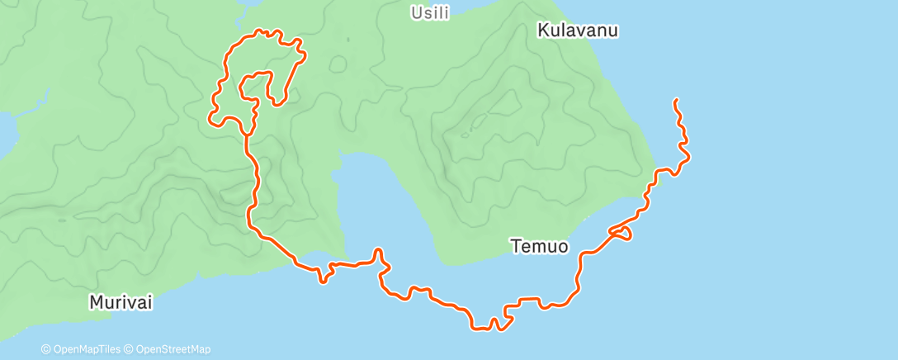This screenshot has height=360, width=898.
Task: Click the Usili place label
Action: tap(430, 13)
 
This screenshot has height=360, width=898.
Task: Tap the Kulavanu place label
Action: tap(578, 31)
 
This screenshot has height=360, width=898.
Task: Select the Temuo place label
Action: tap(539, 246)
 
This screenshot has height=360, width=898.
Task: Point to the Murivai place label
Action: tap(121, 303)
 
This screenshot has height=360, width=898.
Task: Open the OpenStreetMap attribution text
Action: tap(172, 349)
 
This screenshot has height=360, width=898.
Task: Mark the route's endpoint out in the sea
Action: tap(675, 100)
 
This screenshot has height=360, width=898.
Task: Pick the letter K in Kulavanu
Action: tap(543, 31)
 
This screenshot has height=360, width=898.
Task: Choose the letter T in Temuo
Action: tap(516, 246)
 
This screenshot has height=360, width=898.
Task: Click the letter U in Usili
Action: tap(417, 13)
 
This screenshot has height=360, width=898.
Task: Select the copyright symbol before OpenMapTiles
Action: tap(46, 349)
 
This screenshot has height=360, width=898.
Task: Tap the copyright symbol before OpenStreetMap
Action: tap(129, 349)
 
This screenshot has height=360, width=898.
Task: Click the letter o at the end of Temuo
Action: tap(562, 246)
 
